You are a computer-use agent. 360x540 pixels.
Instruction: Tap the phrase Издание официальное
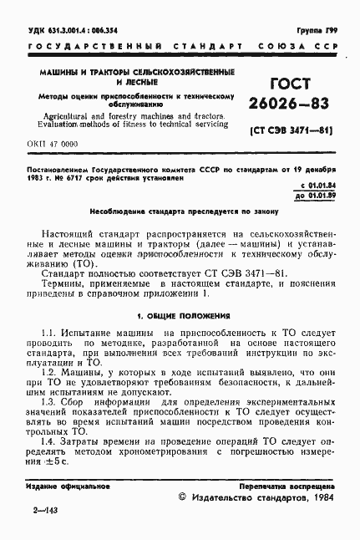tap(58, 486)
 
